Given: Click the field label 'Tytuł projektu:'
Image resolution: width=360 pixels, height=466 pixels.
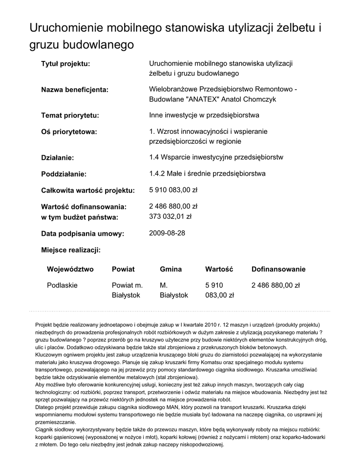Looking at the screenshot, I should point(66,64).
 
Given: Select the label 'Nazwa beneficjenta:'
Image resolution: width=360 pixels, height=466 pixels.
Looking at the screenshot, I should point(75,90).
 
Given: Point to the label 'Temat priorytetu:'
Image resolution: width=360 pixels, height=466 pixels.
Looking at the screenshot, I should point(70,116).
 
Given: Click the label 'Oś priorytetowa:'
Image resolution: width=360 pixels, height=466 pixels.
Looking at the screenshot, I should point(69,132).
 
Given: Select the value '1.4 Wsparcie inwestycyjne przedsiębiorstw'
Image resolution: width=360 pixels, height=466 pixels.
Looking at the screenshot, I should point(216,157).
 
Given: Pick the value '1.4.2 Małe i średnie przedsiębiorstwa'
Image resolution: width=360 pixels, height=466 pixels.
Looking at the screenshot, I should point(207,174).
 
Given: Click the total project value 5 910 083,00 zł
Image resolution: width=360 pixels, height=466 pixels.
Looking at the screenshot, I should point(173,190).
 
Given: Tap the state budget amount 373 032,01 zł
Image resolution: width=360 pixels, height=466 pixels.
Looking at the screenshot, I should point(171,217).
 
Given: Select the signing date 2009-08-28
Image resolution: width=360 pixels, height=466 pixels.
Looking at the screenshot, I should point(167,233).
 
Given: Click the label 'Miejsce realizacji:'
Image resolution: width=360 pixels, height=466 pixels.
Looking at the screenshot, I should point(71,250).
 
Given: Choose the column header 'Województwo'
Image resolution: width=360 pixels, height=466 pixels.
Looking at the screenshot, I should point(70,269).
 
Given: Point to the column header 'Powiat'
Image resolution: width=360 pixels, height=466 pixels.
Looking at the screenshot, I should point(123,269).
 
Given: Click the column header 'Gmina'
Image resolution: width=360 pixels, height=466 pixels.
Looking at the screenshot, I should point(171,269).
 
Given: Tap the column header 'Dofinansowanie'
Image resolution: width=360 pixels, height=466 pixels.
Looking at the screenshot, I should point(279,269).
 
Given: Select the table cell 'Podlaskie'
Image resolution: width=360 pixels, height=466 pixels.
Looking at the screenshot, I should point(62,286).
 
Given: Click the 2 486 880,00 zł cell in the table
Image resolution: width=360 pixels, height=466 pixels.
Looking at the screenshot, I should point(276,286).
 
